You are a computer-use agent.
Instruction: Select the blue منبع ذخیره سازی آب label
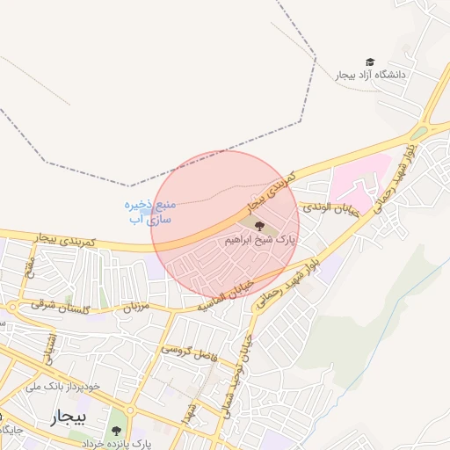tap(149, 211)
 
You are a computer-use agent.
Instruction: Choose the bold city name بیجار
tap(69, 415)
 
